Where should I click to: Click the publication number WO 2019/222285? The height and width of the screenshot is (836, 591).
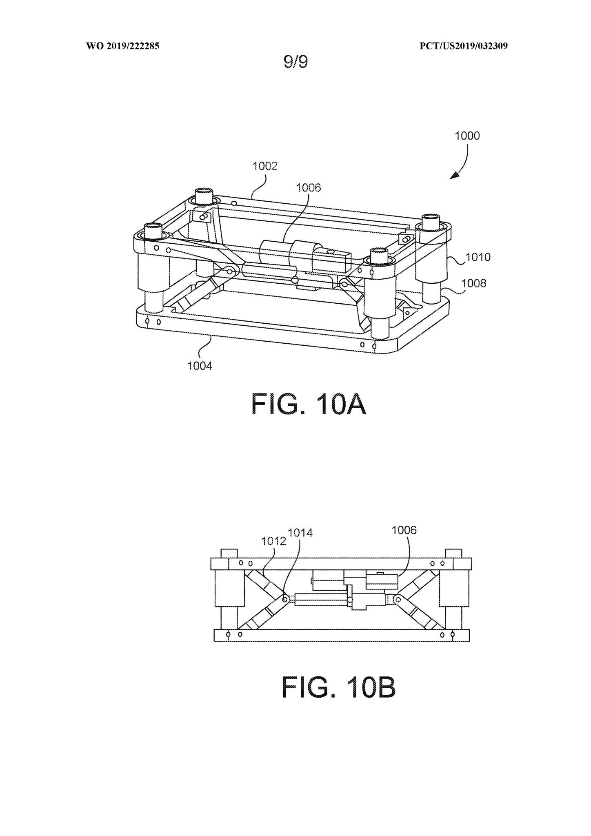click(x=122, y=47)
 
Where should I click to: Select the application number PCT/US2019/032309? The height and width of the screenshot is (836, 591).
click(x=464, y=47)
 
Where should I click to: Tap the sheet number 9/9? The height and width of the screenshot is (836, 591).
click(x=295, y=62)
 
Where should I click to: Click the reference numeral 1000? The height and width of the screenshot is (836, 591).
click(x=467, y=136)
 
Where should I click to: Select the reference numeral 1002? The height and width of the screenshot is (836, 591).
click(x=265, y=166)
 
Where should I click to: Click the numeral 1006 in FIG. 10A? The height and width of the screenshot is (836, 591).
click(x=309, y=188)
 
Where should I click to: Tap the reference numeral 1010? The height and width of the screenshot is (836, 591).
click(x=478, y=257)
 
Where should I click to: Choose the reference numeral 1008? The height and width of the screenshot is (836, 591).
click(x=474, y=283)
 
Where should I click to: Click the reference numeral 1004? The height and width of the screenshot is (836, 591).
click(x=200, y=366)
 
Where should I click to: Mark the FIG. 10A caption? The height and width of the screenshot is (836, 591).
click(x=309, y=404)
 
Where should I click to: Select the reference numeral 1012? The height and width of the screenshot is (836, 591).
click(x=273, y=541)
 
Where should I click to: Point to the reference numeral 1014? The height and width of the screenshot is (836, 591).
click(x=300, y=533)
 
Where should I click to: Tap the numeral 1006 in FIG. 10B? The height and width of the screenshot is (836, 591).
click(x=404, y=530)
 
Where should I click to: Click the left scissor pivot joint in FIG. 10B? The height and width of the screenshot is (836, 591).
click(x=285, y=599)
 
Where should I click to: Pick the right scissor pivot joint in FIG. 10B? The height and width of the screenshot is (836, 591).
click(x=397, y=599)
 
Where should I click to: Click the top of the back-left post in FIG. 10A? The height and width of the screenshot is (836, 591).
click(x=204, y=192)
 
